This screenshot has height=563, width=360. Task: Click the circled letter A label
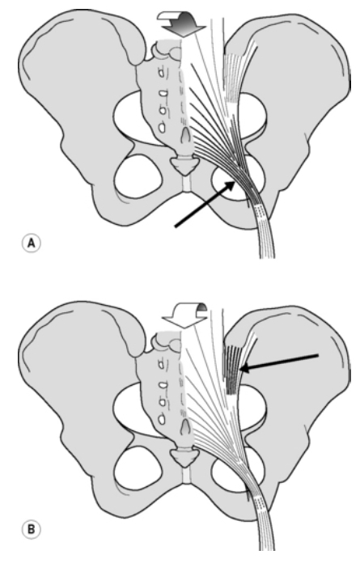pos(32,243)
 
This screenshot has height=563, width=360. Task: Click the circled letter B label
pos(32,530)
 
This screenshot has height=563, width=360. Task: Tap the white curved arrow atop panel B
pos(184,314)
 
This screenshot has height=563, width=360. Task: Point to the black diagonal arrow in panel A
pos(205,204)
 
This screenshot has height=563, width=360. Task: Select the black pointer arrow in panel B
pos(279,362)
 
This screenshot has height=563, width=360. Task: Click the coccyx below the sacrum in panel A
pos(184,166)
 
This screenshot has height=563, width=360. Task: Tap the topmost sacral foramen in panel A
pos(163,73)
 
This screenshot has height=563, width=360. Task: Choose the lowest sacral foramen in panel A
pos(163,128)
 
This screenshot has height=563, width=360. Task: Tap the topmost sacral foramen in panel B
pos(163,363)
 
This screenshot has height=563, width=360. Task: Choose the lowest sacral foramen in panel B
pos(163,419)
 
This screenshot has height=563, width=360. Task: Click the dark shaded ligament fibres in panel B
pos(232,369)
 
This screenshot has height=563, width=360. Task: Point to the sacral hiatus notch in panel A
pos(185,134)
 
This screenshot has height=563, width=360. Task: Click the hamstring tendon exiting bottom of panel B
pos(265,523)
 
